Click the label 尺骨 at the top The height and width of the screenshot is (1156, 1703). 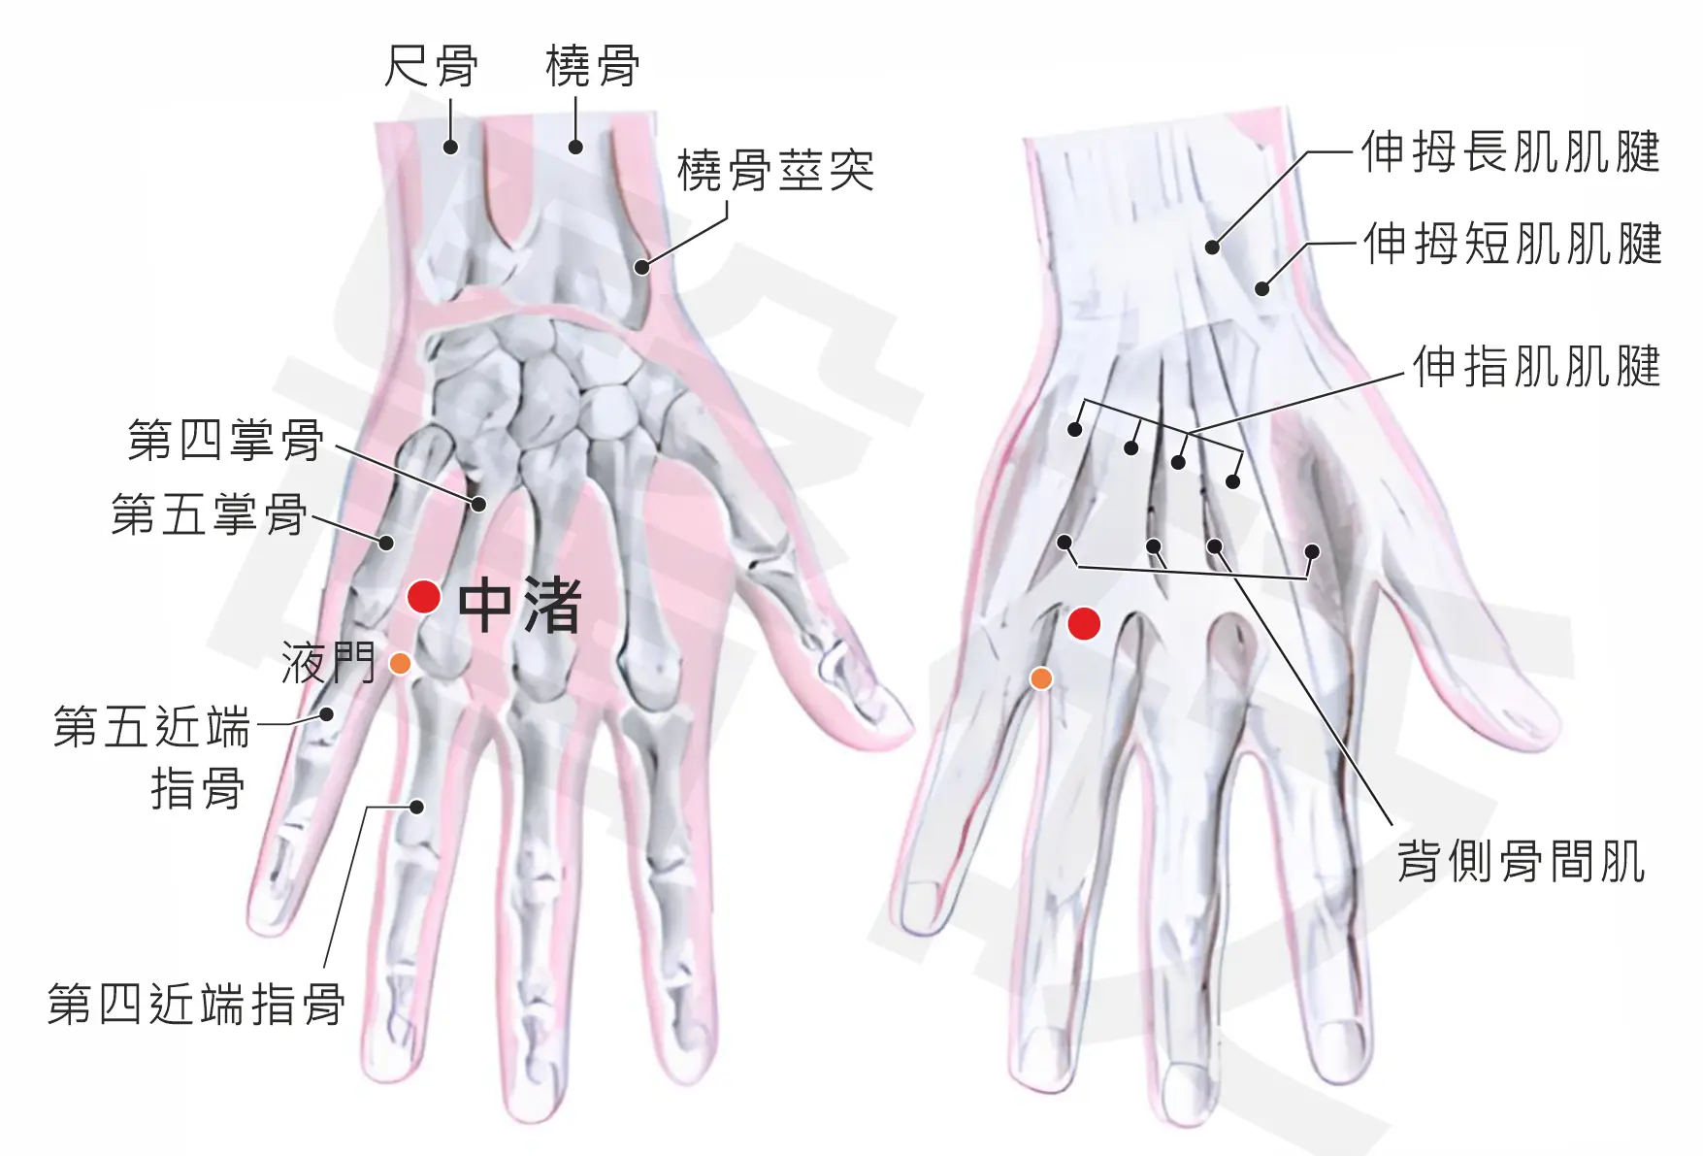(431, 66)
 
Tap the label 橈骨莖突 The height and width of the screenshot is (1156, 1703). (775, 172)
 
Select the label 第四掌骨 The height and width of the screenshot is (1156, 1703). (226, 440)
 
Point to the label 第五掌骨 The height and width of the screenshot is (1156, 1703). (209, 514)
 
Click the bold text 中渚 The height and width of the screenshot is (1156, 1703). (519, 605)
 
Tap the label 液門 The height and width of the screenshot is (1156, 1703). (328, 663)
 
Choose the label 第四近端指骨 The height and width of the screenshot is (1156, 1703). (196, 1004)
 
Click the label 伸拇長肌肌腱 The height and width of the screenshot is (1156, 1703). (1511, 152)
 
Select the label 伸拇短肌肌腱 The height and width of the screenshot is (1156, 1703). (1513, 243)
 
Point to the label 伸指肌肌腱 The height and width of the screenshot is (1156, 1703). (1537, 367)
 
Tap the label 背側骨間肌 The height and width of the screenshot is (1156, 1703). (1522, 861)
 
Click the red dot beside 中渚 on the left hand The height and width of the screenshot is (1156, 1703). (424, 597)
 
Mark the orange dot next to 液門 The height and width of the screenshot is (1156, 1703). (400, 664)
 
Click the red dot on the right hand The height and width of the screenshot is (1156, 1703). (1084, 624)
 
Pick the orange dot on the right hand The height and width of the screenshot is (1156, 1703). (1041, 677)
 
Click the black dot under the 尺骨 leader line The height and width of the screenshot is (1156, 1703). (450, 147)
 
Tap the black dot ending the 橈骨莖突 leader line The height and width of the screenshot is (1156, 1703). (641, 266)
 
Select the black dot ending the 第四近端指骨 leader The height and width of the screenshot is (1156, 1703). (417, 807)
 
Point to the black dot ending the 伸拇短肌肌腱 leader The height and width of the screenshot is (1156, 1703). (1262, 288)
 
